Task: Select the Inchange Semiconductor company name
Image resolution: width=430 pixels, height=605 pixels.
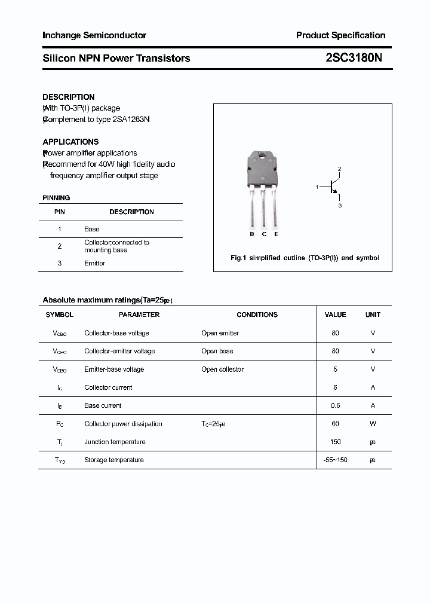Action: click(x=94, y=35)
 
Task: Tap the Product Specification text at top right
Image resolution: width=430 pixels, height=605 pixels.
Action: click(x=340, y=35)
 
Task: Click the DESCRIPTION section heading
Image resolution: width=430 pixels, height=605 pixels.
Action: click(x=69, y=97)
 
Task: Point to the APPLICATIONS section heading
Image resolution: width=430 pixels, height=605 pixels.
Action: click(x=70, y=142)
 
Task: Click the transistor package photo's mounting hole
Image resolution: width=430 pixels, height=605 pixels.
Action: click(x=263, y=157)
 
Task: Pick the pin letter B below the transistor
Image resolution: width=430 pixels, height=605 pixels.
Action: click(x=252, y=234)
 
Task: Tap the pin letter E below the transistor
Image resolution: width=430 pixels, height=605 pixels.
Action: click(x=276, y=234)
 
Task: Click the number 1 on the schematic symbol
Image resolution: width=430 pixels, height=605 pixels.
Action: click(x=317, y=187)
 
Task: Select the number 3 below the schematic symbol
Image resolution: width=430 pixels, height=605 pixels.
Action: click(x=340, y=206)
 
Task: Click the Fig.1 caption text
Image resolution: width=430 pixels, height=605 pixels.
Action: click(x=305, y=258)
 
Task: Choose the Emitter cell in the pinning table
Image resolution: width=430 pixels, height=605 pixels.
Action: click(x=94, y=263)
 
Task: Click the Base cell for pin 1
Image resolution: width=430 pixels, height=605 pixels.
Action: click(x=92, y=229)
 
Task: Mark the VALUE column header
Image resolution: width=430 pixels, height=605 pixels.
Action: click(x=335, y=314)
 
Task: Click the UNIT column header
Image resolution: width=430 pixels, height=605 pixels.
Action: click(x=373, y=314)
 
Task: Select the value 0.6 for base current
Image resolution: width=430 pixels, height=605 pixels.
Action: click(x=335, y=405)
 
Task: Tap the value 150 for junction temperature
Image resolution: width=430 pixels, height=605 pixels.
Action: click(x=335, y=442)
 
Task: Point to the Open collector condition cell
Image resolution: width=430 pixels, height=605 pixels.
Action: click(x=222, y=369)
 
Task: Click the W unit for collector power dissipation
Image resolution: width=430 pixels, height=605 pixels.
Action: click(x=373, y=424)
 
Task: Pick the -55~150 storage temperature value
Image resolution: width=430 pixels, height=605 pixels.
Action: click(x=335, y=460)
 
